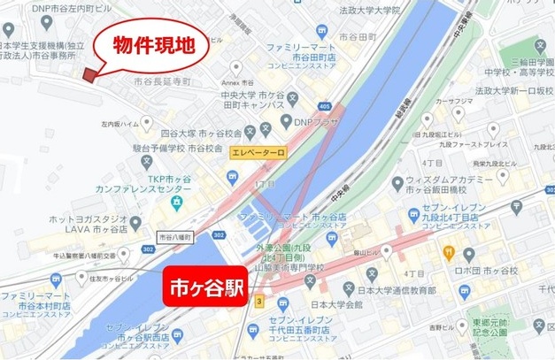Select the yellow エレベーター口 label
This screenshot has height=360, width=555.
coord(258,153)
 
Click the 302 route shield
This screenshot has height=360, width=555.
coord(220,236)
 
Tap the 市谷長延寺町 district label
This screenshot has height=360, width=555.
coord(162,81)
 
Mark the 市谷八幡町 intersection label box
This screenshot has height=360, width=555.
coord(173,237)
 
